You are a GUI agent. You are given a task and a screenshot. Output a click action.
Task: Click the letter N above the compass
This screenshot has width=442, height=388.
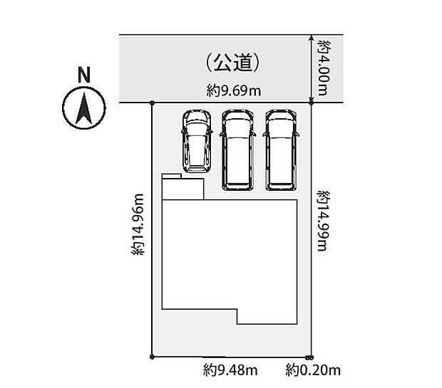pyautogui.click(x=84, y=73)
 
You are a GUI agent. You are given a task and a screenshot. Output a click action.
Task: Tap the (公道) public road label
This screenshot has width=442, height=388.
pyautogui.click(x=231, y=63)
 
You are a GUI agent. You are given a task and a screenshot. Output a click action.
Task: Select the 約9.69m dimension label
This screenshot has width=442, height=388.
pyautogui.click(x=232, y=90)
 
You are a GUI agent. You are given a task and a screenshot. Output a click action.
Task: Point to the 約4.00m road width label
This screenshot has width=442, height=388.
pyautogui.click(x=324, y=68)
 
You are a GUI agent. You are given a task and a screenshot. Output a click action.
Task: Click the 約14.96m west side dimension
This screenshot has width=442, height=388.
pyautogui.click(x=138, y=224)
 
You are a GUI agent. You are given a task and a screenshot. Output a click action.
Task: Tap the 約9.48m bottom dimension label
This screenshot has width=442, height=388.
pyautogui.click(x=230, y=370)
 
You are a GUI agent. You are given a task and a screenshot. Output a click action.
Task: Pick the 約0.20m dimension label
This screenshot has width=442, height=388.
pyautogui.click(x=314, y=370)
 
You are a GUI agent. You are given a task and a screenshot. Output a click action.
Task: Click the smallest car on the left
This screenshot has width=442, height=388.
pyautogui.click(x=196, y=141)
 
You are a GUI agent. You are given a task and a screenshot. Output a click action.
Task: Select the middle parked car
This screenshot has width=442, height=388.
pyautogui.click(x=238, y=150)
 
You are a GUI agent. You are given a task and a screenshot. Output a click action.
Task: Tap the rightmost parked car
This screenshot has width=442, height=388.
pyautogui.click(x=282, y=150)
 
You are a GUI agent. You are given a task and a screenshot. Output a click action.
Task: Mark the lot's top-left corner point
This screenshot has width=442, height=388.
pyautogui.click(x=153, y=103)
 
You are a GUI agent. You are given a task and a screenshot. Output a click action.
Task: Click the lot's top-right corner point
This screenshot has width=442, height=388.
pyautogui.click(x=312, y=103)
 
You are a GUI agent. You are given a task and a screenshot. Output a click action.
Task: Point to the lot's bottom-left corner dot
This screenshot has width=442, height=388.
pyautogui.click(x=153, y=357)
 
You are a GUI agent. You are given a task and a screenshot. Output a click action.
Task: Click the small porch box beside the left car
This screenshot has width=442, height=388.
pyautogui.click(x=183, y=187)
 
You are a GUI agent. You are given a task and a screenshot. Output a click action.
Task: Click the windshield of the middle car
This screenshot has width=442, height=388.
pyautogui.click(x=238, y=130)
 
